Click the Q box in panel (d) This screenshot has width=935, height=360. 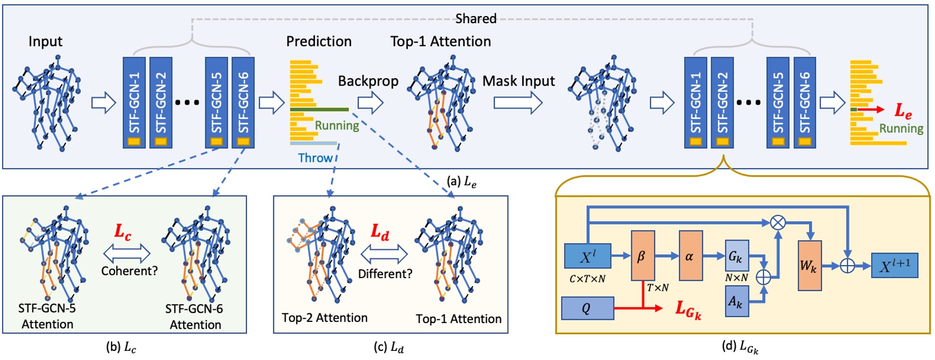click(x=587, y=309)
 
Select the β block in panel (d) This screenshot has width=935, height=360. click(x=642, y=256)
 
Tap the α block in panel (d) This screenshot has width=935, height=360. click(x=690, y=256)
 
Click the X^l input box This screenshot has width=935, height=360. click(x=587, y=257)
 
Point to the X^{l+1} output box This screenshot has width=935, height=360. click(x=894, y=266)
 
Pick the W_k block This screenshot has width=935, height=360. click(x=809, y=266)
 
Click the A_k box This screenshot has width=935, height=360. click(x=736, y=301)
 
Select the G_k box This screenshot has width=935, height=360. click(x=736, y=256)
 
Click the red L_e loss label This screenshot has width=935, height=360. click(x=903, y=110)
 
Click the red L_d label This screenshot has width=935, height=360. click(x=380, y=232)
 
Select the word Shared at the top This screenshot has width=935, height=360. click(x=476, y=19)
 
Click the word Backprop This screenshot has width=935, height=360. click(x=368, y=81)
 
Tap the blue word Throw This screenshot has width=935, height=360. click(x=315, y=158)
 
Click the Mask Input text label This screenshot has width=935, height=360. click(x=518, y=81)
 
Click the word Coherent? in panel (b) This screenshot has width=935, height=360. click(x=129, y=271)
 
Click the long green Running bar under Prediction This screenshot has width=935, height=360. click(x=319, y=110)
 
